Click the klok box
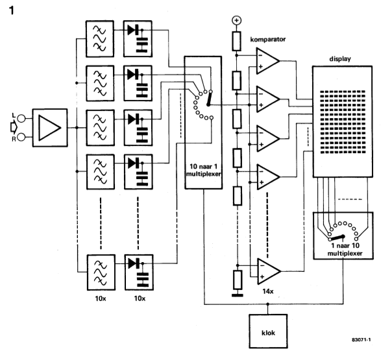268,331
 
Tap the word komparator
268,40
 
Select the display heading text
340,59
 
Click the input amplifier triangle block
50,128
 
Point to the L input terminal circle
21,118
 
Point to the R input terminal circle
21,137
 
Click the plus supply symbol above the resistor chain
237,20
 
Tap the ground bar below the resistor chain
238,295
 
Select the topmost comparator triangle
267,61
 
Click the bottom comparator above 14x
269,271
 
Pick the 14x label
268,291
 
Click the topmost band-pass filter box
99,39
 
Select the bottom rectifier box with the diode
139,272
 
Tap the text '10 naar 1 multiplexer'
203,170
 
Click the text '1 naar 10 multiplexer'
345,249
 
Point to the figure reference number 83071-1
361,340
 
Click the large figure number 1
12,10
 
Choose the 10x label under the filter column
101,298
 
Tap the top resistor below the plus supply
237,41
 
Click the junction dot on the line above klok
268,304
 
